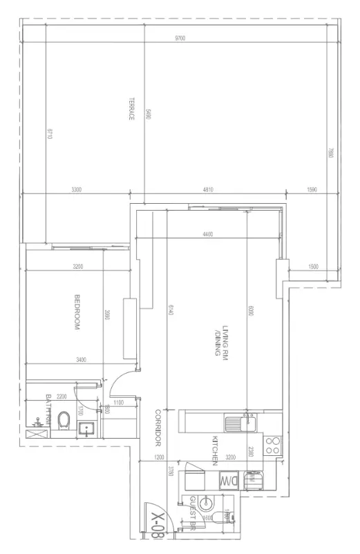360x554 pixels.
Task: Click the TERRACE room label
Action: [x=130, y=109]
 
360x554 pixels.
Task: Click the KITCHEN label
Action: [x=215, y=449]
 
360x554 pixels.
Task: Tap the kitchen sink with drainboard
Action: [x=243, y=422]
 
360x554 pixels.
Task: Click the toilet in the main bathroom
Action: [x=64, y=419]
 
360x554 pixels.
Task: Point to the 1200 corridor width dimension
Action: [x=160, y=457]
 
